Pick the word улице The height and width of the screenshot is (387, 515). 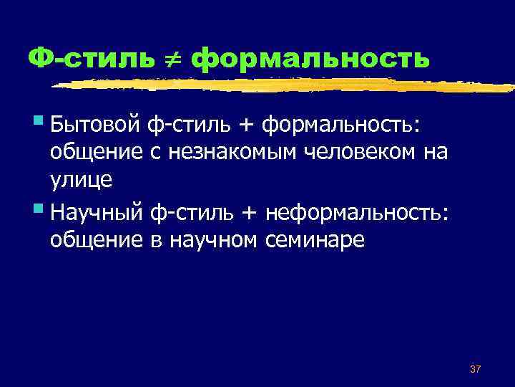81,179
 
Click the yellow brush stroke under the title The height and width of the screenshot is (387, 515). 286,87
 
